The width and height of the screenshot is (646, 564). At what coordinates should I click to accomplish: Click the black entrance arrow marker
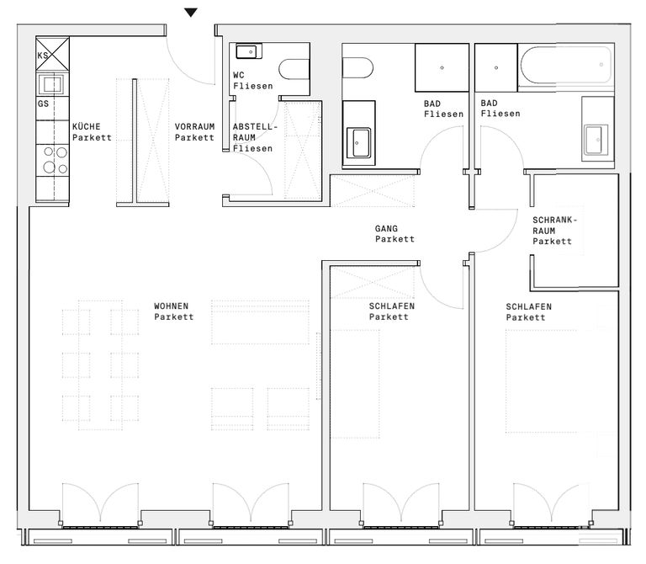pos(190,13)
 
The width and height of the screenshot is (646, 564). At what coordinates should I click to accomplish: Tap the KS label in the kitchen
pos(43,56)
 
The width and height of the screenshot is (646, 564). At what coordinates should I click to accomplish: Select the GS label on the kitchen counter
pos(43,104)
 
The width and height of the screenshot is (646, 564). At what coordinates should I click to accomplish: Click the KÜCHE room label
pos(86,126)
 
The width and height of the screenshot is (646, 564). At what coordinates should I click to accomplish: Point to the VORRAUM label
pos(194,126)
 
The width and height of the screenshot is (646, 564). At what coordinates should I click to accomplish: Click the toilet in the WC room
pos(294,69)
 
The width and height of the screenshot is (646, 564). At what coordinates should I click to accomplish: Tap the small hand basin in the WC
pos(249,51)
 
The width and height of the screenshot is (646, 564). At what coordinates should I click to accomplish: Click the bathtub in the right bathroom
pos(566,66)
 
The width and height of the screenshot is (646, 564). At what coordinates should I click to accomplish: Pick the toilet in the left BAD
pos(357,68)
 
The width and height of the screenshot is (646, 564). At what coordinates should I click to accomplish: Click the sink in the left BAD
pos(359,142)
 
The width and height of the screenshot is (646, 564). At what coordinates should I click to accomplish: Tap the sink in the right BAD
pos(596,140)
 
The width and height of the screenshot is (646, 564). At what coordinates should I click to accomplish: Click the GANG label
pos(386,228)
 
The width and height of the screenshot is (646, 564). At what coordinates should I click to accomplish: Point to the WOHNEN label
pos(171,306)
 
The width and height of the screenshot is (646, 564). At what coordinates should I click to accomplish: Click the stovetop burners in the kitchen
pos(56,160)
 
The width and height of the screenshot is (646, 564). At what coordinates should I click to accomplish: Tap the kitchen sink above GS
pos(52,85)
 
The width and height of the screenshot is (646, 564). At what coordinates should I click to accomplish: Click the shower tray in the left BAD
pos(442,67)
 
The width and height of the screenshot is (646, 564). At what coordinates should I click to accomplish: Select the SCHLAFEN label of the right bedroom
pos(528,306)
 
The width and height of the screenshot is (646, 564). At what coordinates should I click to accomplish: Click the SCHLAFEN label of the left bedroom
pos(392,306)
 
